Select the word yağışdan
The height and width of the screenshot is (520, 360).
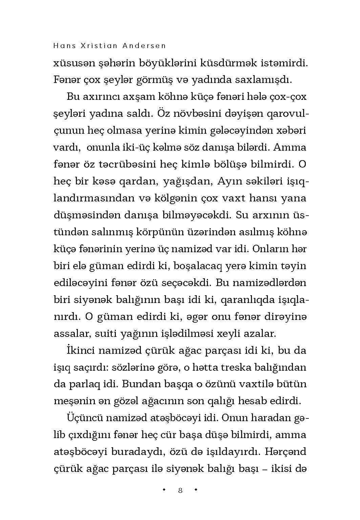(x=188, y=181)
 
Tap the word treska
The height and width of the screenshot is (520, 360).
(x=245, y=367)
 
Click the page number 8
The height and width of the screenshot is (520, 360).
(x=180, y=490)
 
